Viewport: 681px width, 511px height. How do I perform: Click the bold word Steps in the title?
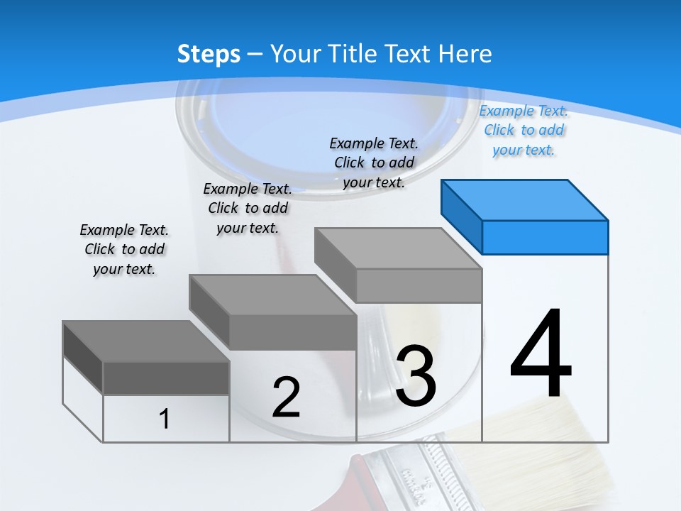coord(209,54)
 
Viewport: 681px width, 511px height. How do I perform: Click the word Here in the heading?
coord(466,54)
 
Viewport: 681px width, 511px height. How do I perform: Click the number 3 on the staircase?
coord(416,375)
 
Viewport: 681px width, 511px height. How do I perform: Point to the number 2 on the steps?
coord(286,397)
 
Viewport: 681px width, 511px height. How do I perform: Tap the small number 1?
coord(165,419)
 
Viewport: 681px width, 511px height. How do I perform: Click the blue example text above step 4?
coord(524,131)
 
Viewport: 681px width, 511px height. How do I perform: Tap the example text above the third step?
coord(374,163)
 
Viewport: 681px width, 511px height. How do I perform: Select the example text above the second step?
coord(248,208)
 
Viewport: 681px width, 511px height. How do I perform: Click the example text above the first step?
coord(124,249)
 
